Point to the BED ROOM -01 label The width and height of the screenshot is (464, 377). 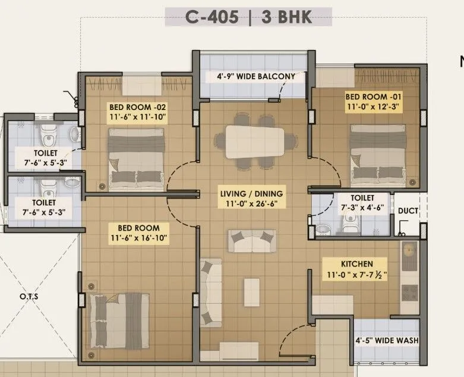click(x=374, y=96)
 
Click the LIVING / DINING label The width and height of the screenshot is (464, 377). click(x=251, y=194)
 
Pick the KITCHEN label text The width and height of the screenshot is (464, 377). click(x=356, y=263)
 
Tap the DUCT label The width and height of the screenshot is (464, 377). click(x=408, y=211)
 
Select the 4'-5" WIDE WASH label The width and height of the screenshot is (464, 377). click(x=386, y=341)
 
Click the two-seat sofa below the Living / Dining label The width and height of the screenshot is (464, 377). click(x=252, y=241)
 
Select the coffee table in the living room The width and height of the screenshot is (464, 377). click(x=251, y=293)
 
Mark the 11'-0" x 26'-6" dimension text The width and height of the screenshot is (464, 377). click(x=251, y=204)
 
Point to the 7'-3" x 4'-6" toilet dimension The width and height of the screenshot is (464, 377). click(x=362, y=208)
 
